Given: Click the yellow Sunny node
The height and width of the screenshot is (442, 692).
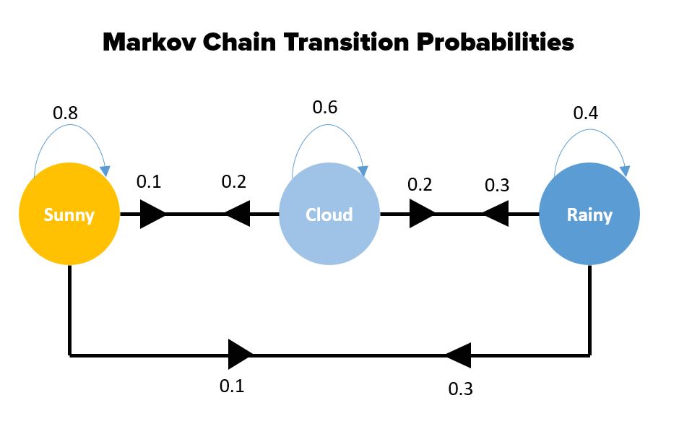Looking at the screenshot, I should (x=69, y=214).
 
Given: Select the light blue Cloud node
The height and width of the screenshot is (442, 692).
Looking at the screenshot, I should (x=329, y=214).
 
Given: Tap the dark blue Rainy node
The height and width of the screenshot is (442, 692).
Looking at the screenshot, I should (x=589, y=214).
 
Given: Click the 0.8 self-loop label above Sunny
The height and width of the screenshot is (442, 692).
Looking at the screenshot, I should (x=65, y=113).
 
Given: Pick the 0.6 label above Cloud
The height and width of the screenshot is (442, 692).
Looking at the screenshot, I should (x=324, y=107).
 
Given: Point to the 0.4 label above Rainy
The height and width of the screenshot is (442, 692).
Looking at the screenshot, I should (x=586, y=113).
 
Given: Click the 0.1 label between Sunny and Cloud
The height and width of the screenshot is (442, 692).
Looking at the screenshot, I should (x=149, y=182).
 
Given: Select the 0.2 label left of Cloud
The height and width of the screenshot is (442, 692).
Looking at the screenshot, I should (x=234, y=182).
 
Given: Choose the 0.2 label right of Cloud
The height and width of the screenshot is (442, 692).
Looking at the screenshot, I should (x=420, y=184).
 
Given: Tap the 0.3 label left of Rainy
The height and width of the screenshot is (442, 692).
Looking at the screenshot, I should (x=497, y=186).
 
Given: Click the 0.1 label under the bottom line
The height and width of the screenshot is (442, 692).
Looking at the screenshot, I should (x=232, y=386).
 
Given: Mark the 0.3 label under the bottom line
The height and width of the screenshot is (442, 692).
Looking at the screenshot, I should (x=460, y=389).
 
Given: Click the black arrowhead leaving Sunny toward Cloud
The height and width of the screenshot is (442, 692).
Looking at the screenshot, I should (x=153, y=214).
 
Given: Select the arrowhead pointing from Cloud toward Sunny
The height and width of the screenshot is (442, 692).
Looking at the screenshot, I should (x=238, y=214).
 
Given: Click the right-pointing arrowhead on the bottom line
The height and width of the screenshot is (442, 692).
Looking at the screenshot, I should (x=241, y=355).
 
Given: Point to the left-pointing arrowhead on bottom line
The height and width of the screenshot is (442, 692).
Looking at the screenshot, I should (x=459, y=355).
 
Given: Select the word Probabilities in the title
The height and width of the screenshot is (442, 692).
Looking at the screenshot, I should (x=495, y=43).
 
